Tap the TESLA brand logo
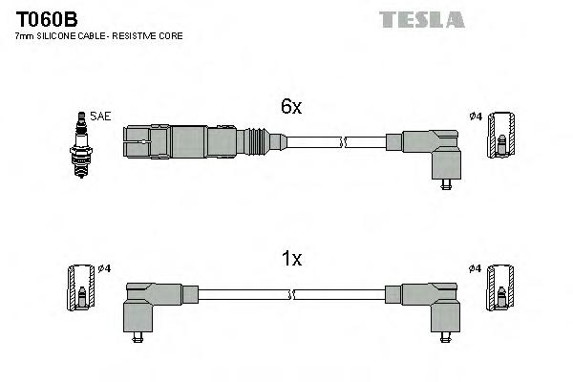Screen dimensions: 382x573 pos(420,19)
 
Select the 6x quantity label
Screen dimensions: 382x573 pos(291,108)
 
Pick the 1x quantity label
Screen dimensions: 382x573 pos(291,258)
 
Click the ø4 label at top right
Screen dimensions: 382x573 pos(475,117)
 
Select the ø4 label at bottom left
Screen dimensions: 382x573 pos(105,267)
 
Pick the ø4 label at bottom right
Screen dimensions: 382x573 pos(475,267)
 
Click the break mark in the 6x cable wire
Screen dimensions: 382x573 pos(345,143)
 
